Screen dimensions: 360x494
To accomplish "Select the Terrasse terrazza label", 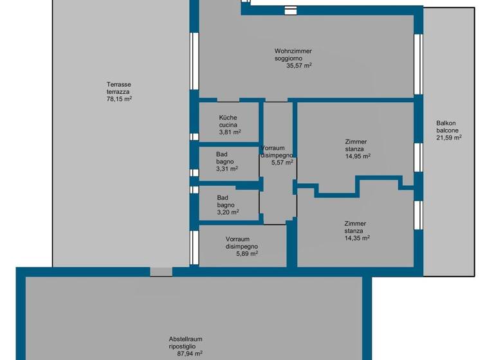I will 119,87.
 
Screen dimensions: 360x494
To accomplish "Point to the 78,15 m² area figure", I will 119,99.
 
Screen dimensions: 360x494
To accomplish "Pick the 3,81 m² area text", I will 230,132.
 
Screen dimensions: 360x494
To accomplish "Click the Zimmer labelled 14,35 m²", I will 356,230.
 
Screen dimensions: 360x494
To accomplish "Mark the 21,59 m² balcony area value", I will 449,137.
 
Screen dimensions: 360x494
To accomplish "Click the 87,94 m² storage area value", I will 186,353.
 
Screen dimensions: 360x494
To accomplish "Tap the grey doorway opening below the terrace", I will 161,272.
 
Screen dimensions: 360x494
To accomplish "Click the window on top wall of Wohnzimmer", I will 290,10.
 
